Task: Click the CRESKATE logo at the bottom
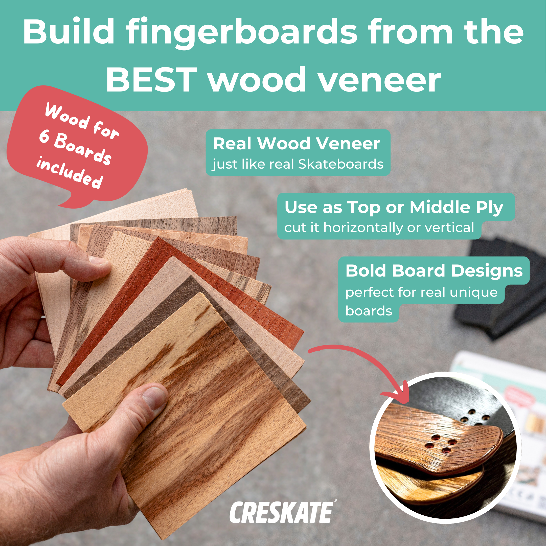pos(281,512)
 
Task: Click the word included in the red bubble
pos(69,173)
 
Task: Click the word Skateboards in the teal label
pos(341,164)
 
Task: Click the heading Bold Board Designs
pos(434,270)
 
